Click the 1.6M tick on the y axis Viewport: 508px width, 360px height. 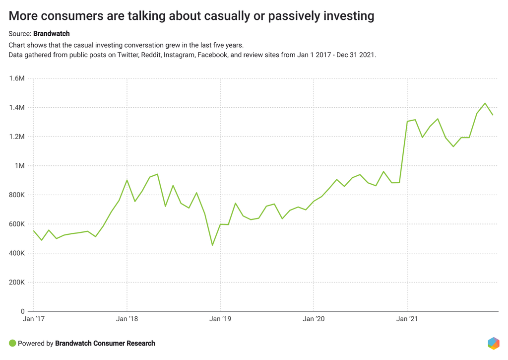tap(17, 78)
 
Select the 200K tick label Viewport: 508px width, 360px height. tap(16, 283)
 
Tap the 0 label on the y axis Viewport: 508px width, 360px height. tap(23, 312)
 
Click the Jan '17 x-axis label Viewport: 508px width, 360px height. tap(34, 319)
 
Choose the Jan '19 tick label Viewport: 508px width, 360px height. tap(220, 319)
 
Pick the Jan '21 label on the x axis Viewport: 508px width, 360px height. tap(407, 319)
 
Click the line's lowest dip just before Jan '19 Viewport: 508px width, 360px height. tap(212, 245)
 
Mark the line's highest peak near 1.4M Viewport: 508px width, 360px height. tap(485, 103)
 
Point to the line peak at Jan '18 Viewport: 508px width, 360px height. tap(127, 180)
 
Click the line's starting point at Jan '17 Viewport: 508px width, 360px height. tap(34, 231)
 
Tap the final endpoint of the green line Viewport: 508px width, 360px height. tap(493, 115)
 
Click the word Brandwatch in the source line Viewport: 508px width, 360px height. tap(52, 34)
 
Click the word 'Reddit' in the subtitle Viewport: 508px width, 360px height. tap(151, 55)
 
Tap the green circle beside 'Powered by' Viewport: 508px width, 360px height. tap(13, 343)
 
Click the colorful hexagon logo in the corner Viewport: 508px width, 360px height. tap(493, 343)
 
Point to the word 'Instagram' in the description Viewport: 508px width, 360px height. tap(179, 55)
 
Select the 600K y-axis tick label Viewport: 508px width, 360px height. tap(16, 224)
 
